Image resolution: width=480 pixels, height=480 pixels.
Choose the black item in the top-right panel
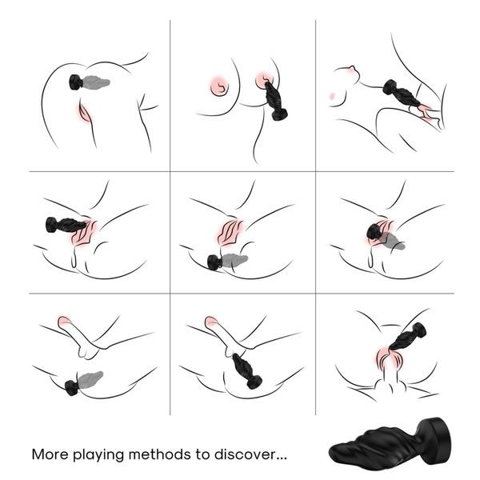click(400, 93)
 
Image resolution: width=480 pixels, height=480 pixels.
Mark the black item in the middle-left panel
click(64, 225)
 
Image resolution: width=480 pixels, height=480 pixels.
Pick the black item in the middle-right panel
click(375, 232)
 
